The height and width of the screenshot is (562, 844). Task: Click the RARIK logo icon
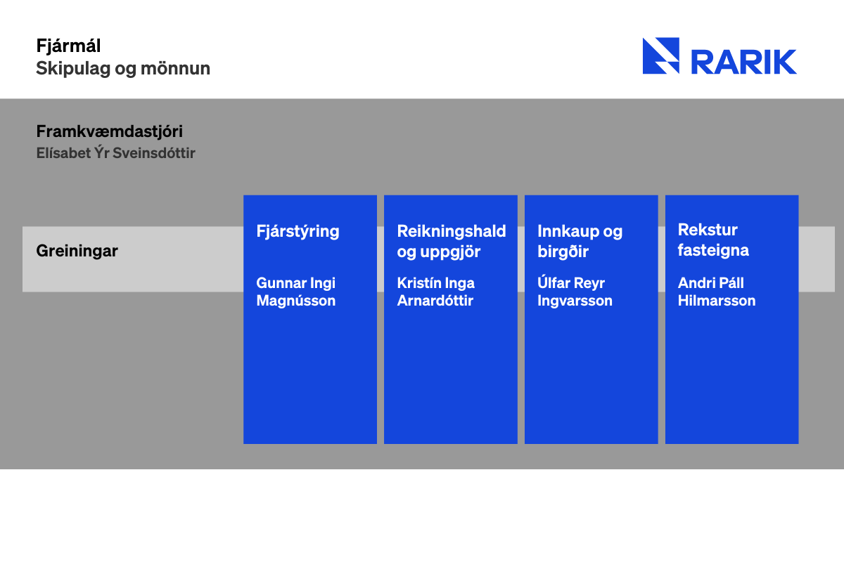pyautogui.click(x=661, y=55)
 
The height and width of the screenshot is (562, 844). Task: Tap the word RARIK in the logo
pyautogui.click(x=744, y=62)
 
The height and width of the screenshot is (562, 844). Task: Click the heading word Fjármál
pyautogui.click(x=68, y=46)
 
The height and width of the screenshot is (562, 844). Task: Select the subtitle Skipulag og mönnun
pyautogui.click(x=123, y=69)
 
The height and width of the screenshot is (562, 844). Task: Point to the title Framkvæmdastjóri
pyautogui.click(x=109, y=132)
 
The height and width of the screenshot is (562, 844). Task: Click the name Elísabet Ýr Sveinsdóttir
pyautogui.click(x=115, y=153)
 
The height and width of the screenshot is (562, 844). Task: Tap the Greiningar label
pyautogui.click(x=77, y=251)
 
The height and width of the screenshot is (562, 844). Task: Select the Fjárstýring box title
pyautogui.click(x=298, y=232)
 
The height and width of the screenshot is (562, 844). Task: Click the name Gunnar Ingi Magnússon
pyautogui.click(x=296, y=292)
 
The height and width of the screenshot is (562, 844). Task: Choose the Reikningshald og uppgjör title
pyautogui.click(x=452, y=241)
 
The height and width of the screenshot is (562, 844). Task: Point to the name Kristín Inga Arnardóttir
pyautogui.click(x=435, y=292)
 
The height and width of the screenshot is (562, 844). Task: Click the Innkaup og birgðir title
pyautogui.click(x=580, y=241)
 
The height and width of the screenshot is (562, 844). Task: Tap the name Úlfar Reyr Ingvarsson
pyautogui.click(x=575, y=292)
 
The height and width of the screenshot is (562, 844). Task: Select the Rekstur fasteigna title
pyautogui.click(x=713, y=240)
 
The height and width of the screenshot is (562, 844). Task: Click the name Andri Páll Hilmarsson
pyautogui.click(x=717, y=292)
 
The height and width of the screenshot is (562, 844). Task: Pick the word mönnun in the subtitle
pyautogui.click(x=175, y=69)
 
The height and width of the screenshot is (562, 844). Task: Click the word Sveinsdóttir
pyautogui.click(x=154, y=153)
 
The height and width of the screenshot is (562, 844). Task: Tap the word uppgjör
pyautogui.click(x=450, y=251)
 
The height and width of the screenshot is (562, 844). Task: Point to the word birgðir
pyautogui.click(x=563, y=251)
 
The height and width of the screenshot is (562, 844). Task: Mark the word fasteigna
pyautogui.click(x=713, y=250)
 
